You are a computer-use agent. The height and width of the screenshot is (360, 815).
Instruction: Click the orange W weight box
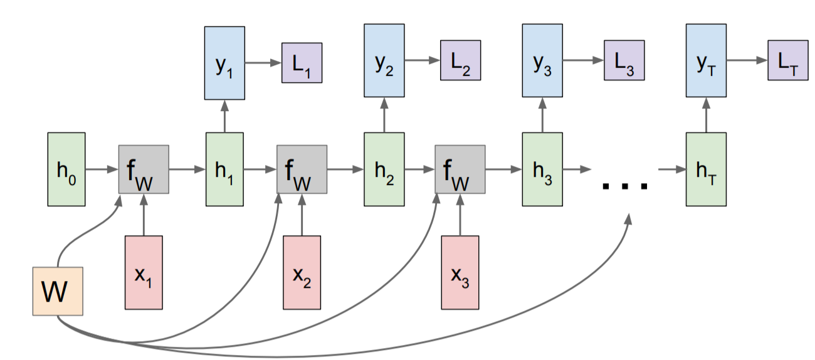[x=58, y=291]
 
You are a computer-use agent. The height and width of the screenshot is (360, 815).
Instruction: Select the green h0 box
[x=66, y=169]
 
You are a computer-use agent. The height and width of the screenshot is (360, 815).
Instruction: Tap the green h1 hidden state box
[x=224, y=169]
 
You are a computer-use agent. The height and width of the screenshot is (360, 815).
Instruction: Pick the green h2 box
[x=383, y=169]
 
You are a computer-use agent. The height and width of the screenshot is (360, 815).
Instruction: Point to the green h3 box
[x=542, y=169]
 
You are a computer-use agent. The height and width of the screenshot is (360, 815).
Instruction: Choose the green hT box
[x=706, y=169]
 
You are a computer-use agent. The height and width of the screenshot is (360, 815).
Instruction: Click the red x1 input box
[x=144, y=272]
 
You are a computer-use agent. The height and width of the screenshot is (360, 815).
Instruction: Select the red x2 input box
[x=302, y=272]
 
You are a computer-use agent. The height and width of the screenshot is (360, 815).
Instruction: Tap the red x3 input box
[x=460, y=272]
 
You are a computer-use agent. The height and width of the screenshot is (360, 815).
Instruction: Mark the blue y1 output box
[x=224, y=61]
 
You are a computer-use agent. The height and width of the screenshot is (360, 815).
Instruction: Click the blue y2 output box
[x=384, y=61]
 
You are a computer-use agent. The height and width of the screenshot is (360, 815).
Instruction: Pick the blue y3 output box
[x=543, y=61]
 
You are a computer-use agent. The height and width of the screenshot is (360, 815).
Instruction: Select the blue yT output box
[x=706, y=61]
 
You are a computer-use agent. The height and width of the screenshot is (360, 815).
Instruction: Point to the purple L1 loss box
[x=302, y=62]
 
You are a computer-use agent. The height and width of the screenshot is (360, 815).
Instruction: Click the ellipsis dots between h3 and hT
[x=624, y=184]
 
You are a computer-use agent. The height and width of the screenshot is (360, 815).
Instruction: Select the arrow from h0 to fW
[x=102, y=169]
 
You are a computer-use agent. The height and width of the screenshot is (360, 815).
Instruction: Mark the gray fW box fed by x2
[x=302, y=169]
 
